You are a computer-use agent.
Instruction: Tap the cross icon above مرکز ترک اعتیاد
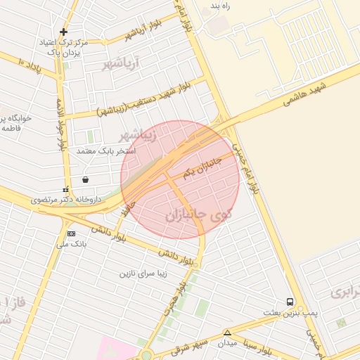(x=64, y=32)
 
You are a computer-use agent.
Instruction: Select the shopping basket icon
(x=85, y=179)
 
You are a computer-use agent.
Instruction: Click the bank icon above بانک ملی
(x=70, y=233)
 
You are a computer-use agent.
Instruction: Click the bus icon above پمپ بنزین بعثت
(x=290, y=302)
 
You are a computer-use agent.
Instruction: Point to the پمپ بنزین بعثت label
(x=290, y=312)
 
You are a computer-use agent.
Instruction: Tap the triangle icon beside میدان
(x=226, y=333)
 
